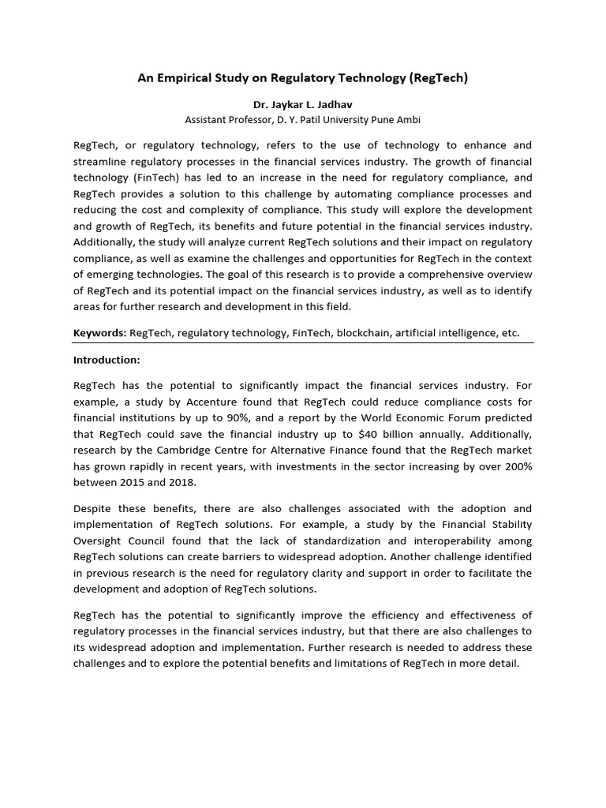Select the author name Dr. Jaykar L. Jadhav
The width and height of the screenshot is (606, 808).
pos(303,104)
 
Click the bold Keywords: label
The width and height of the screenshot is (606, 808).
pos(99,333)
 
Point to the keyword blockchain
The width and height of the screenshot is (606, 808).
pos(363,333)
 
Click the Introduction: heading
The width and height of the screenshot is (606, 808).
pos(107,360)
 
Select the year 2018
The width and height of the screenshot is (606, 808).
pos(184,483)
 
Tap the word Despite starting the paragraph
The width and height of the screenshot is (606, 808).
pos(94,509)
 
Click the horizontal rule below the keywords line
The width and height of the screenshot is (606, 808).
pos(303,343)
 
